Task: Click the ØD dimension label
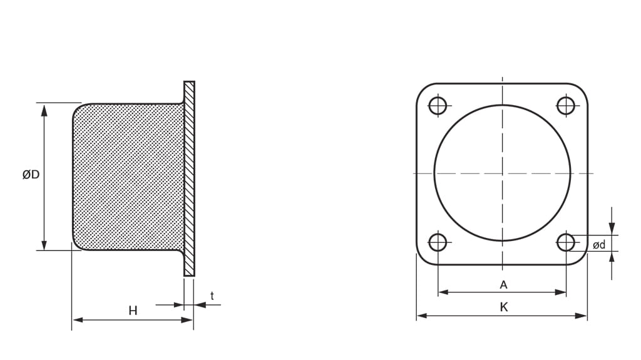(x=31, y=175)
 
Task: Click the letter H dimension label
(x=133, y=310)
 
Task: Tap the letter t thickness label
(x=212, y=296)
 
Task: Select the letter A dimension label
(x=503, y=285)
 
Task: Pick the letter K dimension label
(x=503, y=307)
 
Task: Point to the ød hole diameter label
(x=599, y=245)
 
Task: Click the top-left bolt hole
(x=438, y=105)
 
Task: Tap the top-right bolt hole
(x=566, y=105)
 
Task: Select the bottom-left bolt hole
(x=438, y=242)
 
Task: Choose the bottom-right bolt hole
(x=566, y=242)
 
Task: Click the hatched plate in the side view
(x=189, y=178)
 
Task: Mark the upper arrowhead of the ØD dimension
(x=44, y=110)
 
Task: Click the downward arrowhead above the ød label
(x=612, y=229)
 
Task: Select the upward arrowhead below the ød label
(x=612, y=257)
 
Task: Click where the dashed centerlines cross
(x=502, y=173)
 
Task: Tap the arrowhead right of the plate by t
(x=200, y=305)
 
